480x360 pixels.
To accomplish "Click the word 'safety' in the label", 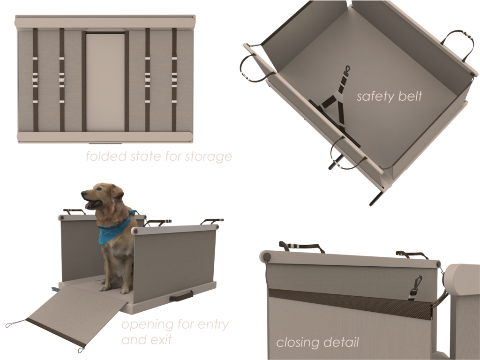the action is tap(372, 97).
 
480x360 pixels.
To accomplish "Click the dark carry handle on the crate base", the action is tap(181, 296).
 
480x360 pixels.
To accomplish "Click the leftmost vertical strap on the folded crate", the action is tap(35, 80).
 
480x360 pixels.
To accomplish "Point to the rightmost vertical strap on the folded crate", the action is tap(174, 80).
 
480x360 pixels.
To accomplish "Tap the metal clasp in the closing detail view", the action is tap(416, 287).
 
